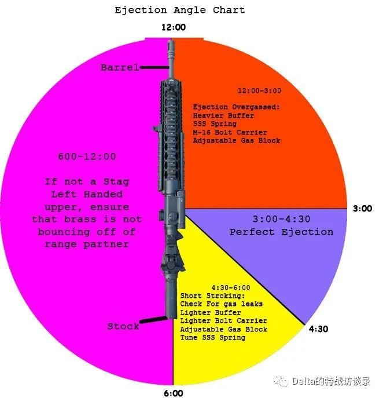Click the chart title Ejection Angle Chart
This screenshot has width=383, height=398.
pyautogui.click(x=180, y=10)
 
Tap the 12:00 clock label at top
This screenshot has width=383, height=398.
pyautogui.click(x=174, y=27)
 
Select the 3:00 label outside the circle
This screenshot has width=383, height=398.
pyautogui.click(x=363, y=209)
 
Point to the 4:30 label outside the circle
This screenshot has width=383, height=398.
pyautogui.click(x=318, y=329)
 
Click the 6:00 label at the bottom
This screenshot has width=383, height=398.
pyautogui.click(x=174, y=393)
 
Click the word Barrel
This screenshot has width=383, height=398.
pyautogui.click(x=120, y=68)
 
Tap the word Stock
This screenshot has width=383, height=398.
pyautogui.click(x=123, y=326)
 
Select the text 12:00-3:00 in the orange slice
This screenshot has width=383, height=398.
pyautogui.click(x=259, y=90)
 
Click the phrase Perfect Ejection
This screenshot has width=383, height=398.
pyautogui.click(x=281, y=232)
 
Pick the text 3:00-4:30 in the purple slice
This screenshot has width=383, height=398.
pyautogui.click(x=281, y=219)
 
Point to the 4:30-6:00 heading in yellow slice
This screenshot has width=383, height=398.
pyautogui.click(x=231, y=287)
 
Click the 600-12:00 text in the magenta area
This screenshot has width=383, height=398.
pyautogui.click(x=87, y=156)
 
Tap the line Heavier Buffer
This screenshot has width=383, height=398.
pyautogui.click(x=223, y=116)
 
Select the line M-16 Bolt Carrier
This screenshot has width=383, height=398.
pyautogui.click(x=230, y=133)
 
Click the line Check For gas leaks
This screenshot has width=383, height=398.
pyautogui.click(x=221, y=304)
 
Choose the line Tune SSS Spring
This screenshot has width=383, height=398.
pyautogui.click(x=213, y=338)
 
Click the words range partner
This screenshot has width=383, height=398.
pyautogui.click(x=87, y=244)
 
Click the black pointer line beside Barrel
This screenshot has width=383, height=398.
pyautogui.click(x=154, y=68)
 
